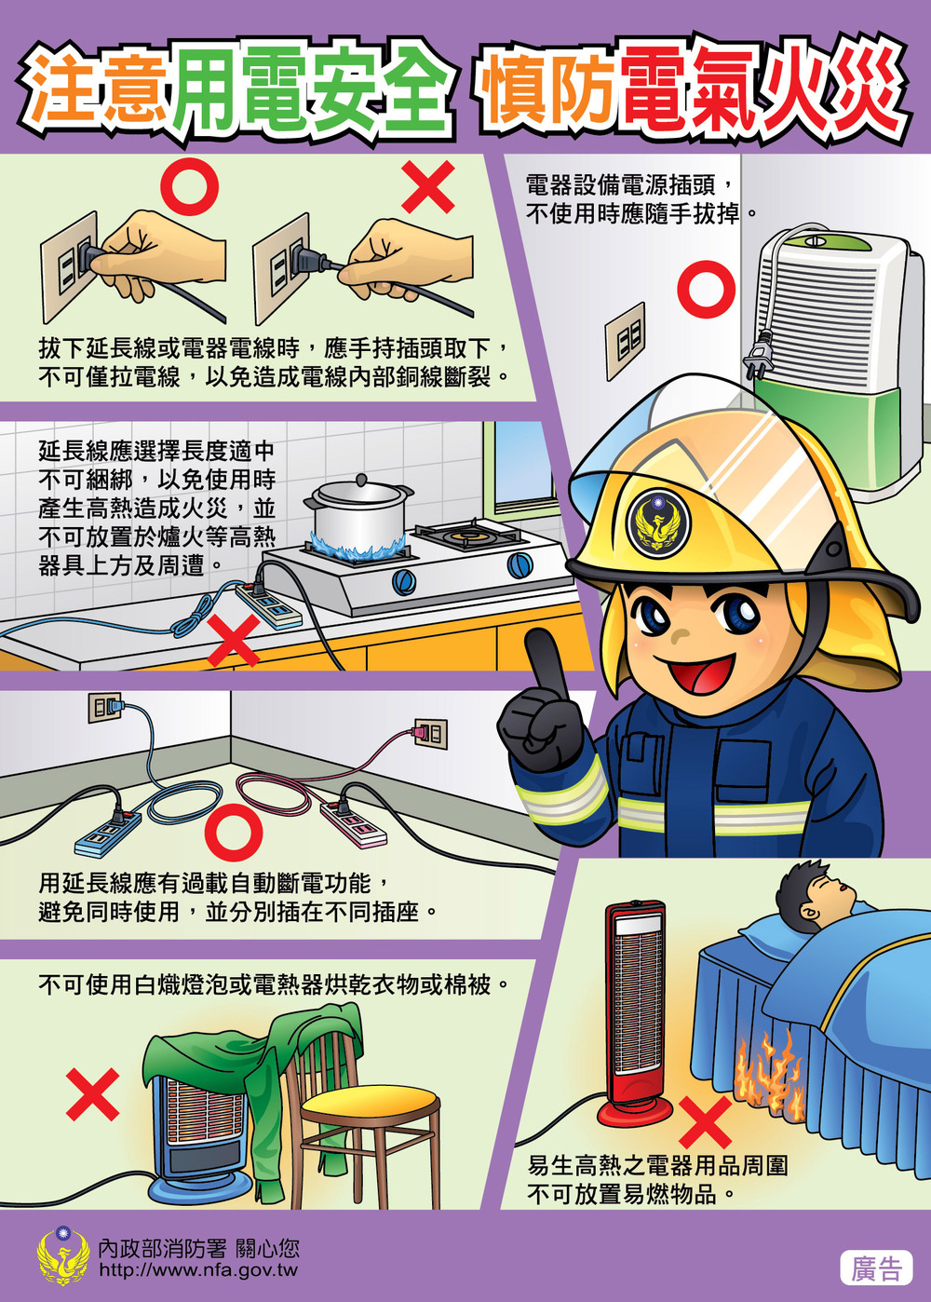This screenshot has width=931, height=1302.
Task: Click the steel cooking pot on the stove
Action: click(358, 512)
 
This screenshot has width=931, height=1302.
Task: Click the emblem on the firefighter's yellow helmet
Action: click(658, 522)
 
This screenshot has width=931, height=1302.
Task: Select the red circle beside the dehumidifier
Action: click(706, 289)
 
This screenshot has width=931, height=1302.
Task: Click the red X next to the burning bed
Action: click(706, 1121)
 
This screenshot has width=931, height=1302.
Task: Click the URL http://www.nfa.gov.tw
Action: click(198, 1270)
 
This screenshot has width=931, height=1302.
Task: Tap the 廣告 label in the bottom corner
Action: click(875, 1268)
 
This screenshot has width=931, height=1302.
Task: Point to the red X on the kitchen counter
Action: click(233, 642)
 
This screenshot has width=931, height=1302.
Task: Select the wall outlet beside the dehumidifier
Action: click(626, 340)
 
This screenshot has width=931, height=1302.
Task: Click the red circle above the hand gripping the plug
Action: click(189, 184)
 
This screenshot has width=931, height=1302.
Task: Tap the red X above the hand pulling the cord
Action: click(427, 186)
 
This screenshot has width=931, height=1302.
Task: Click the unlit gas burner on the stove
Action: click(468, 536)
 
